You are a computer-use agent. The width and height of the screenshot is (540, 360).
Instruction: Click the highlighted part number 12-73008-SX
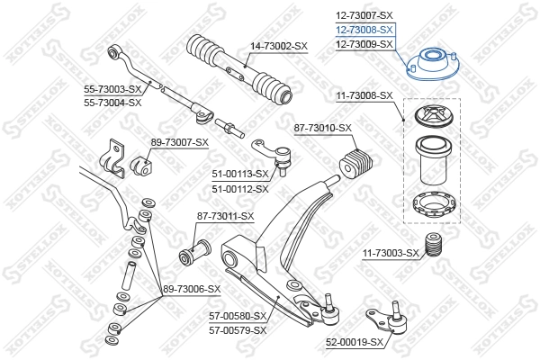(x=364, y=30)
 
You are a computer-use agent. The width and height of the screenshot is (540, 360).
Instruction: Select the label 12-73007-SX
(x=364, y=15)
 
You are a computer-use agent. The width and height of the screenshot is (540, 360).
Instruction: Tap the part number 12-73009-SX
(x=364, y=44)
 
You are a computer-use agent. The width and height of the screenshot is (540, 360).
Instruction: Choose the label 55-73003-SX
(x=113, y=89)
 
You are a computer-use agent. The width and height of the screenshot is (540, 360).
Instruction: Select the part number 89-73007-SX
(x=180, y=142)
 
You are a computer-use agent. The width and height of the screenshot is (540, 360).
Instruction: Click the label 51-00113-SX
(x=240, y=174)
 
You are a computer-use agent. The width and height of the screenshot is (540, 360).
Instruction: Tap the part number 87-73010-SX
(x=322, y=129)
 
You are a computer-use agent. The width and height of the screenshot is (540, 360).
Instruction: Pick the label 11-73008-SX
(x=364, y=94)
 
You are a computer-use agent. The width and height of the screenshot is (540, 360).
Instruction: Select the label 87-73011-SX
(x=226, y=216)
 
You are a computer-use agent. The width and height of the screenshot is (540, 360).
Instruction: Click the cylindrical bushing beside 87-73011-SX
(x=193, y=247)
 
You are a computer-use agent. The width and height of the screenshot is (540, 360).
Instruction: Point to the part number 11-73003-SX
(x=390, y=253)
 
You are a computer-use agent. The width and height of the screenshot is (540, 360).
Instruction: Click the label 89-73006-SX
(x=192, y=288)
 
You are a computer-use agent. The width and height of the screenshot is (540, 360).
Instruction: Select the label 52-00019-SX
(x=355, y=343)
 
